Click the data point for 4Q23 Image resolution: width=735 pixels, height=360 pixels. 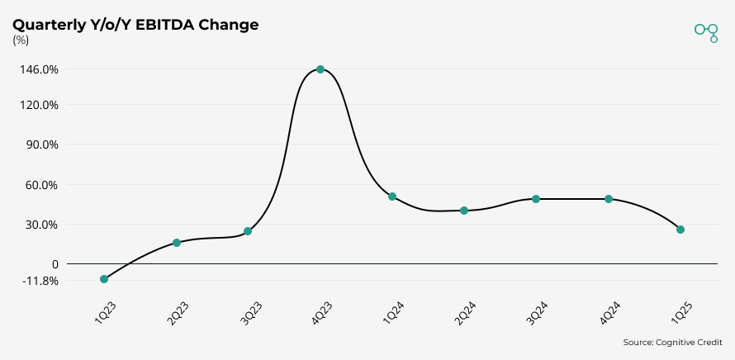[320, 69]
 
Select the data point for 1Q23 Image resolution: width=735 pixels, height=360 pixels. [104, 279]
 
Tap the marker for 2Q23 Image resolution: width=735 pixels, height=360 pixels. [177, 243]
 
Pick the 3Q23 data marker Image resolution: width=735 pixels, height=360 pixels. [248, 231]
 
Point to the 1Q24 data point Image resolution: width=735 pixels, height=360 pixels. [392, 197]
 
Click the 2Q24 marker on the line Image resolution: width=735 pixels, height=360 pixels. [464, 211]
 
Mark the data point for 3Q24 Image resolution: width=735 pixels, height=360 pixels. [536, 199]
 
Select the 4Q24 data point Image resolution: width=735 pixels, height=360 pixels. [609, 199]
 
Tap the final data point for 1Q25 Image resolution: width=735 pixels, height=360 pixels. [680, 230]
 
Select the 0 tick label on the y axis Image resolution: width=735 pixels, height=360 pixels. [55, 264]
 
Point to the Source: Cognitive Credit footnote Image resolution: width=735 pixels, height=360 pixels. [672, 342]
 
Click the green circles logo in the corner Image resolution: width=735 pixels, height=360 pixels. [707, 31]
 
